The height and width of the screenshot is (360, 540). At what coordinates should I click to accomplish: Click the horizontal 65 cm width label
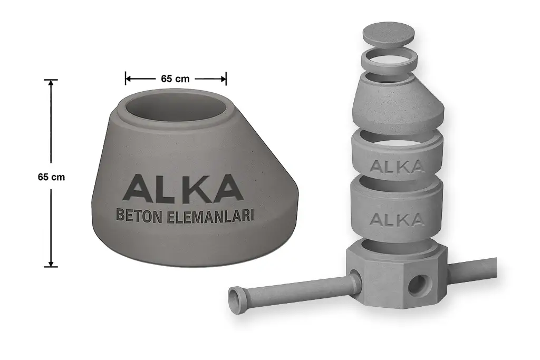[x=175, y=79]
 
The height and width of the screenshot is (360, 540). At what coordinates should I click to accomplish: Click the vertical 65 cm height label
[x=51, y=177]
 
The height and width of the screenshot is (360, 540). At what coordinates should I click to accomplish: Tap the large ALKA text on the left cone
[x=183, y=188]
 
